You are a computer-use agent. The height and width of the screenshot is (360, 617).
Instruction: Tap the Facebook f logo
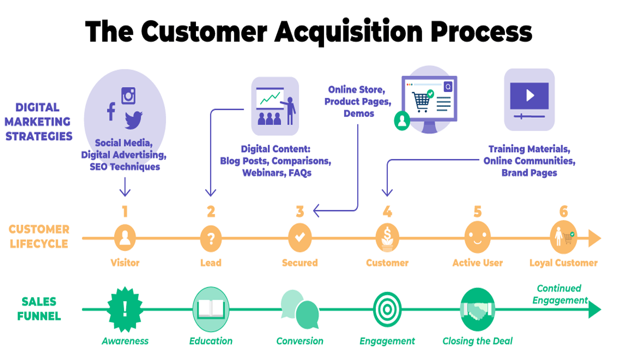(111, 111)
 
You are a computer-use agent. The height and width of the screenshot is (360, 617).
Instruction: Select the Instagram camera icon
(129, 95)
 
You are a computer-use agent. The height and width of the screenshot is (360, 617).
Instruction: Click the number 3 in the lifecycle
(300, 211)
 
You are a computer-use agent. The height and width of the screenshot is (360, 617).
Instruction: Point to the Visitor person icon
(125, 238)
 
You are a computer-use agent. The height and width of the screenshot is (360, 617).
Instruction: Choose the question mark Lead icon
(211, 238)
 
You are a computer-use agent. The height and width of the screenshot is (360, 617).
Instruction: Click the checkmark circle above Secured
(300, 238)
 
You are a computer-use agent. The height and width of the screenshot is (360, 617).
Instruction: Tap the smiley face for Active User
(477, 238)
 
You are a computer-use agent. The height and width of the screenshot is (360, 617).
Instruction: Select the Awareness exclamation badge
(124, 310)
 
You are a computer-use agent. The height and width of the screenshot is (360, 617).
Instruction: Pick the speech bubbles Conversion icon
(300, 310)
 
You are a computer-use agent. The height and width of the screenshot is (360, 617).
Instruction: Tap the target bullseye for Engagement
(387, 310)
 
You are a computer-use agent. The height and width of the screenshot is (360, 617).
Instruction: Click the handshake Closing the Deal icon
(477, 310)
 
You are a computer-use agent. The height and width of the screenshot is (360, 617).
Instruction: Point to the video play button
(530, 96)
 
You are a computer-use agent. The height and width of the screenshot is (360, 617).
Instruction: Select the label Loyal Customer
(564, 263)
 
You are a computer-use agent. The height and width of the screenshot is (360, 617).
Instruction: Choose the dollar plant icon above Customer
(387, 238)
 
